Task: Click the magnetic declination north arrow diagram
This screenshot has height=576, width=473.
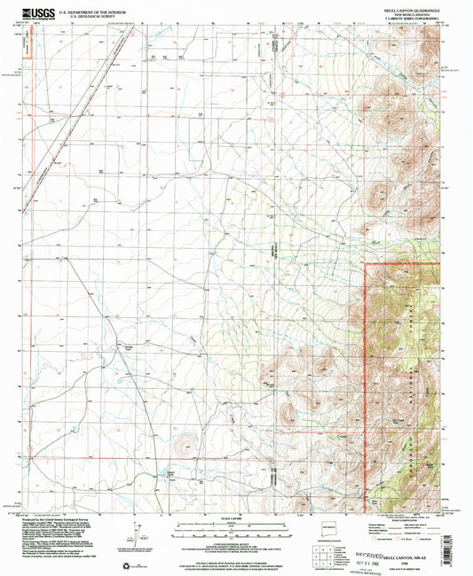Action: pyautogui.click(x=136, y=529)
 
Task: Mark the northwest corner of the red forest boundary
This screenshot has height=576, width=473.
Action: pyautogui.click(x=366, y=263)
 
